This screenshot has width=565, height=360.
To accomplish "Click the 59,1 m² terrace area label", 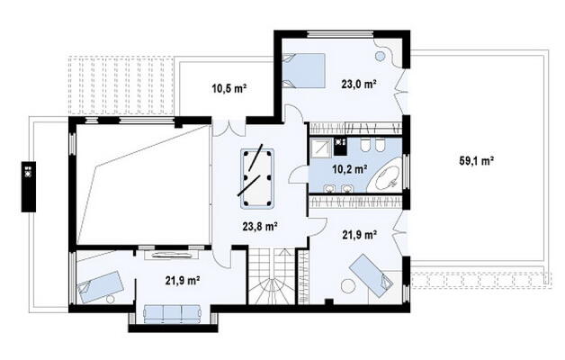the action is coord(476,161).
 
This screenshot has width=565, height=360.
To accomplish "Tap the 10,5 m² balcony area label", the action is coord(229,88).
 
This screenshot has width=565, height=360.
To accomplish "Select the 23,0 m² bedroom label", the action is coord(359,84).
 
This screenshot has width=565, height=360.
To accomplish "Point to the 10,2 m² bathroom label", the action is coord(349,168).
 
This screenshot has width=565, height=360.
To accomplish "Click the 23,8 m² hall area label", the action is coord(260,226).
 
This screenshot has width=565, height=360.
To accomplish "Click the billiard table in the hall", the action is coord(257,179).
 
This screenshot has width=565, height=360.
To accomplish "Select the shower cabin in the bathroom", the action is coord(321,148).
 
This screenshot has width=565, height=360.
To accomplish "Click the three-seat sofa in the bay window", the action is coord(172,314).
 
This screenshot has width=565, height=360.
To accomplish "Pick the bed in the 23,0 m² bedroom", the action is coord(303,70).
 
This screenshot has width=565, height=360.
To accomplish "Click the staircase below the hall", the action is coord(272,276).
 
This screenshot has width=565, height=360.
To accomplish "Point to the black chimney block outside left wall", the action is coord(29,186).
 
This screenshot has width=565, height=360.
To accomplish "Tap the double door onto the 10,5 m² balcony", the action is coord(229,128).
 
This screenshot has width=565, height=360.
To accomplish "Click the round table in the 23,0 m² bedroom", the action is coord(381,56).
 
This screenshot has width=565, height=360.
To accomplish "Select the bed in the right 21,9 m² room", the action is coord(372,275).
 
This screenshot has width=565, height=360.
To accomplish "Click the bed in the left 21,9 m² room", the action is coord(101,287).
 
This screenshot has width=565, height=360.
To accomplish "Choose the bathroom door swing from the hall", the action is coord(298,175).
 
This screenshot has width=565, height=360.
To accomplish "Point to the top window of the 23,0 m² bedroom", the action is coord(341,34).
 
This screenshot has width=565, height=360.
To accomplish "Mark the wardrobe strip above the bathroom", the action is coord(355,129).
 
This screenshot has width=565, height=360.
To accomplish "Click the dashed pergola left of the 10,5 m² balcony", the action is coord(121,85).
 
